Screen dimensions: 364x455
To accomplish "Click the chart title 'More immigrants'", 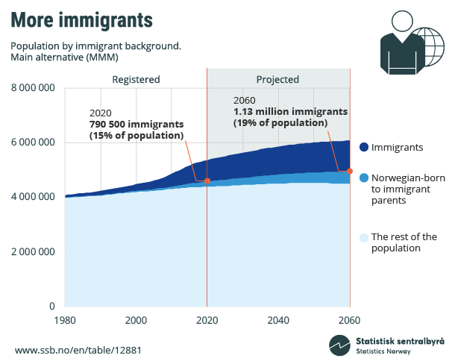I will click(81, 19).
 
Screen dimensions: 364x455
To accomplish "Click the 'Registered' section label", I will click(136, 79).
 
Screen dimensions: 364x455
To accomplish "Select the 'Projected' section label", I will click(277, 79).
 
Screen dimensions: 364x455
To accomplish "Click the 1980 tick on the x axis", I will click(65, 320).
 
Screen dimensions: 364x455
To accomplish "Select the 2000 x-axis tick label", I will click(136, 320).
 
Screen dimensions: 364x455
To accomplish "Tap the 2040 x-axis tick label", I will click(278, 320).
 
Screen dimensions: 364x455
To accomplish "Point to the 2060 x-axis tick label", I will click(349, 320).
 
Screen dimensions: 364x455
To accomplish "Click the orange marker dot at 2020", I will click(207, 181).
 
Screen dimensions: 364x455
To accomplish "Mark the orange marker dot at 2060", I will click(350, 171).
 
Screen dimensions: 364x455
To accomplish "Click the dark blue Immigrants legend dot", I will click(363, 148).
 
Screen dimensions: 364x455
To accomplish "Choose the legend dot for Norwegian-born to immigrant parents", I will click(363, 178).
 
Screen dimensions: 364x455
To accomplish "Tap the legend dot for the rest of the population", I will click(363, 238).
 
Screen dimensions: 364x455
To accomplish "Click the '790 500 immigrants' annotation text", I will click(136, 124).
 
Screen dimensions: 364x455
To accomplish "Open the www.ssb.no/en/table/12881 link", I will click(78, 349).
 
